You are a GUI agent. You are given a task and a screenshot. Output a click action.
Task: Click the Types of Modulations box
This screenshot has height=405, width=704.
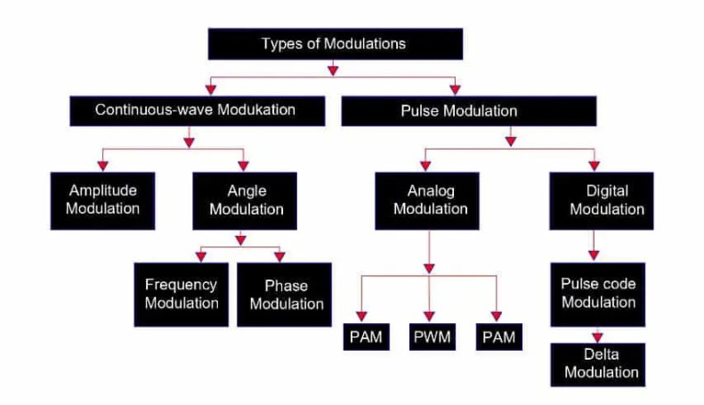335,44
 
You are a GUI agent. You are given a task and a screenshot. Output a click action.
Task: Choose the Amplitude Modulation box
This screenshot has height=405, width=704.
103,200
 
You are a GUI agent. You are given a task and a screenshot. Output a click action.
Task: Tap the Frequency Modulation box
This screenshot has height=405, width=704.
182,294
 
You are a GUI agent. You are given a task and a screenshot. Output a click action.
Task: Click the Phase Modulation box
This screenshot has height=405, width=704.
286,294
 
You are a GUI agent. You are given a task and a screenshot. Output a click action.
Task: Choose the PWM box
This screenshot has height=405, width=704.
430,338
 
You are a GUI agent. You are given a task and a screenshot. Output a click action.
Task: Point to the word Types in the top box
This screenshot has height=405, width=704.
279,44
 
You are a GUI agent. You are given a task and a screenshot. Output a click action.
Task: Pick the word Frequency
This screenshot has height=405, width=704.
182,285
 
